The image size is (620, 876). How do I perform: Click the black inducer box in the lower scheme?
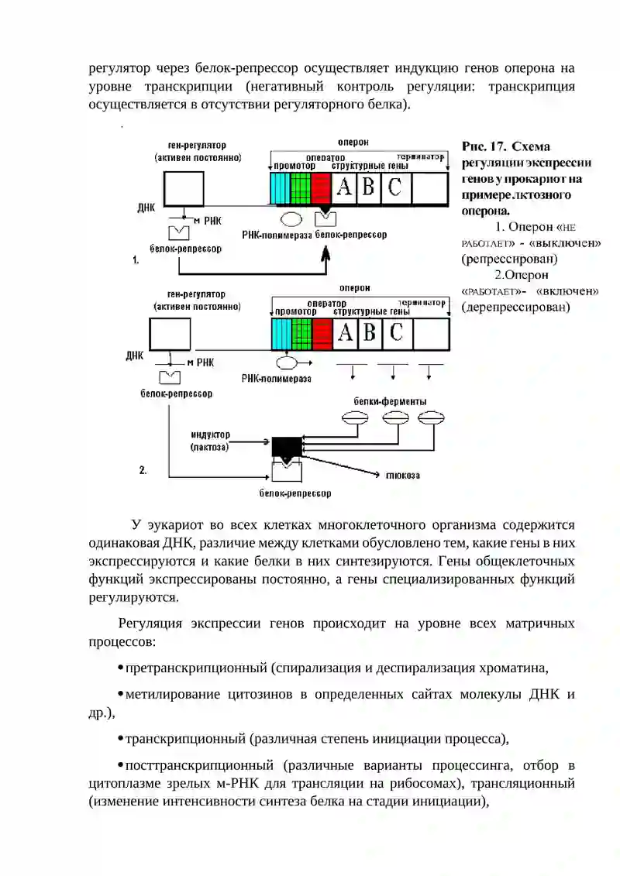pyautogui.click(x=286, y=447)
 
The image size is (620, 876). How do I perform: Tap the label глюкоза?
pyautogui.click(x=402, y=476)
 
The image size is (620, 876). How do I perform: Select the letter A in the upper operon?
pyautogui.click(x=344, y=187)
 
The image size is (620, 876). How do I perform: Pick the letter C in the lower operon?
pyautogui.click(x=396, y=332)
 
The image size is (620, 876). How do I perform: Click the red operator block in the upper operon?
pyautogui.click(x=321, y=188)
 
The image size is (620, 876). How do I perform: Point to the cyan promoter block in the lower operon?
pyautogui.click(x=281, y=334)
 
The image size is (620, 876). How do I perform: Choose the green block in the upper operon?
pyautogui.click(x=301, y=188)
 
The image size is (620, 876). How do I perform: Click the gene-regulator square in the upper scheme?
pyautogui.click(x=184, y=189)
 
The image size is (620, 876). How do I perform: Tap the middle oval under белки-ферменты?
pyautogui.click(x=395, y=418)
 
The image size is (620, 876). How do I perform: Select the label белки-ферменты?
pyautogui.click(x=390, y=402)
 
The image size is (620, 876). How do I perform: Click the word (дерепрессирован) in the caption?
pyautogui.click(x=515, y=307)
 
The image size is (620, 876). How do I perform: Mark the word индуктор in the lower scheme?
pyautogui.click(x=210, y=435)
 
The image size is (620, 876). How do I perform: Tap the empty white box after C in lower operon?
pyautogui.click(x=431, y=334)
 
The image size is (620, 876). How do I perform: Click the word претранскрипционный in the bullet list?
pyautogui.click(x=198, y=668)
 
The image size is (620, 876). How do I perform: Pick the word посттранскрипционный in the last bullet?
pyautogui.click(x=200, y=765)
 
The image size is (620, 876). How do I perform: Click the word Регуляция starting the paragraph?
pyautogui.click(x=150, y=624)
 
